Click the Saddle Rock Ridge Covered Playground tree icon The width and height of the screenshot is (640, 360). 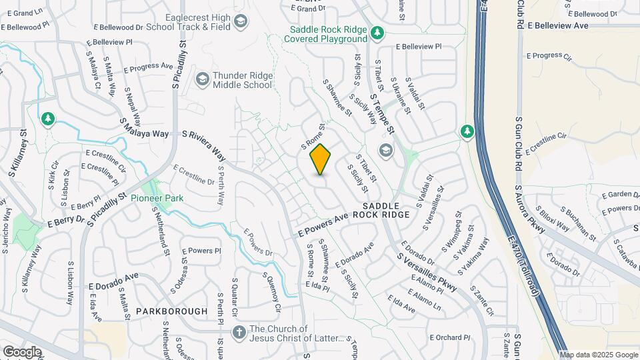coord(377,32)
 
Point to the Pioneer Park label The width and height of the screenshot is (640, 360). coord(156,198)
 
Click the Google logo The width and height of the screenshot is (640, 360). coord(22,351)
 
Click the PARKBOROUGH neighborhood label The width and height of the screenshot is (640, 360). coord(171,311)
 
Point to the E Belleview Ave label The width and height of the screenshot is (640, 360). coord(557,25)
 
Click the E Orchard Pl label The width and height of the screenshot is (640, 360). coord(450,337)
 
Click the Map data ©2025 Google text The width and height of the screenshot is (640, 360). coord(599,355)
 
